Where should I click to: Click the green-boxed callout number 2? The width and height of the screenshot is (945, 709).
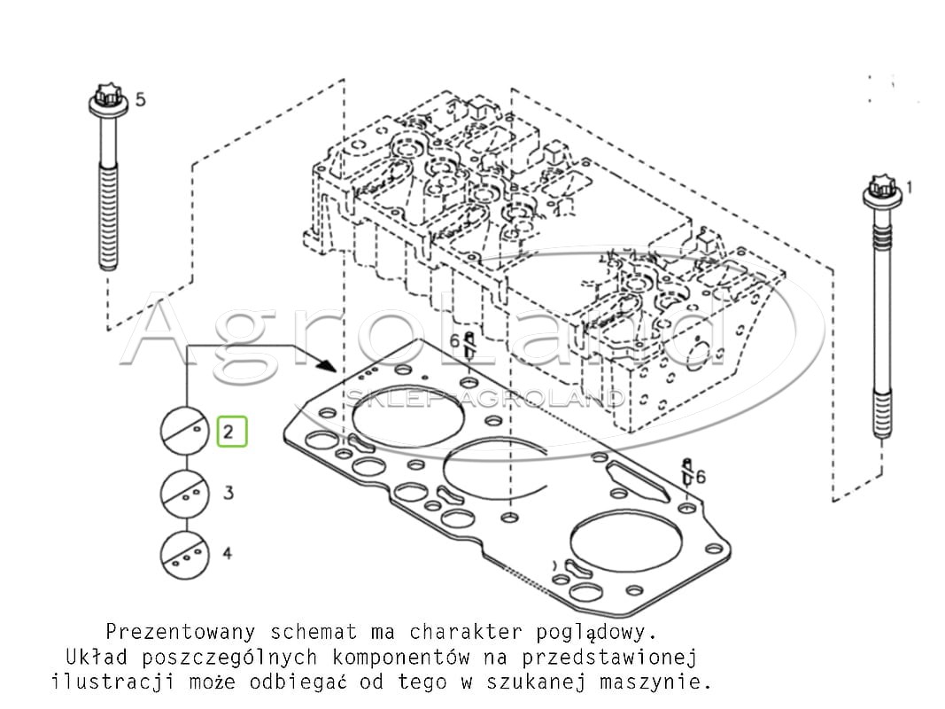228,432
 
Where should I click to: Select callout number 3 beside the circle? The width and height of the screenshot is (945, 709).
228,493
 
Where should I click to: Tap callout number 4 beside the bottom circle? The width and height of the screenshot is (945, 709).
228,553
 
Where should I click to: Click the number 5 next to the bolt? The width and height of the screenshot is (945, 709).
141,99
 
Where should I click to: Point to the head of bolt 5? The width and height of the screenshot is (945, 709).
108,101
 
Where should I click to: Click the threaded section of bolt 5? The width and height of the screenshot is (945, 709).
108,216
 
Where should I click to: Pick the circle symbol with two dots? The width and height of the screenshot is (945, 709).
185,493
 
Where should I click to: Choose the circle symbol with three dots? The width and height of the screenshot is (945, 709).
185,554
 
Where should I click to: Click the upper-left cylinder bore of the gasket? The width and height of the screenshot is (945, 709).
408,416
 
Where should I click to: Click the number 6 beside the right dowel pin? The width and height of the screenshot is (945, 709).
700,477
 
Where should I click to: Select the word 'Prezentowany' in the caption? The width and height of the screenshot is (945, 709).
181,633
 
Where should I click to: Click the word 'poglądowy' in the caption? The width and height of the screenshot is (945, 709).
590,633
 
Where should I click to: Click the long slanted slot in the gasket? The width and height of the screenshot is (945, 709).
639,481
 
